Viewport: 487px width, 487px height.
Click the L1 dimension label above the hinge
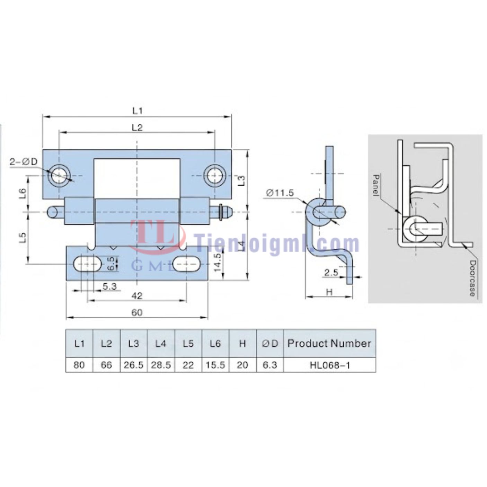point(138,110)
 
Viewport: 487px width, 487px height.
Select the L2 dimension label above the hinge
point(138,127)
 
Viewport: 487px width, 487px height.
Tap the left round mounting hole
point(59,175)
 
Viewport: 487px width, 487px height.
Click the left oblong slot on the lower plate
point(87,264)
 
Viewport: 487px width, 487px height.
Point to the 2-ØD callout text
point(24,161)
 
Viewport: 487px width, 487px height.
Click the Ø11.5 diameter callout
point(280,193)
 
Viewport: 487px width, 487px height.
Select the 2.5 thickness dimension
point(331,273)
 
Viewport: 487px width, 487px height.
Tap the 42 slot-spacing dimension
point(137,295)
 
